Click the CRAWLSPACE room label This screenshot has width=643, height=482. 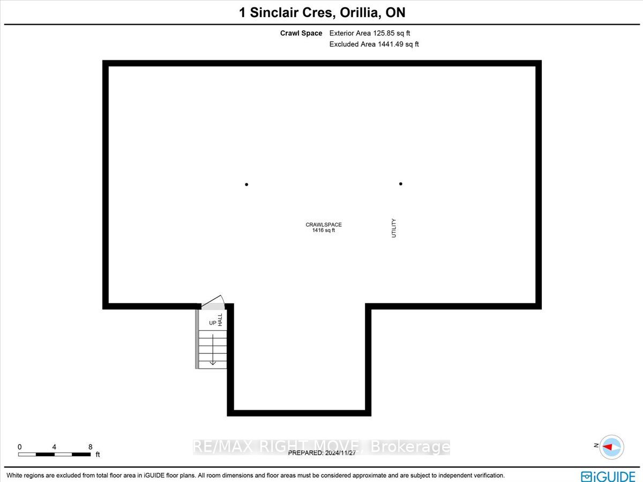pyautogui.click(x=324, y=225)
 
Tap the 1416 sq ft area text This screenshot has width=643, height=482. pyautogui.click(x=324, y=231)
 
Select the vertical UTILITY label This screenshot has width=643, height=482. pyautogui.click(x=394, y=228)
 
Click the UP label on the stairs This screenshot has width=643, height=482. pyautogui.click(x=213, y=323)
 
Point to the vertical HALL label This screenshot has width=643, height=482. pyautogui.click(x=220, y=320)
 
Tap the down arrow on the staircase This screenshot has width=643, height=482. pyautogui.click(x=213, y=350)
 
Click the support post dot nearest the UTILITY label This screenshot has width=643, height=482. pyautogui.click(x=401, y=184)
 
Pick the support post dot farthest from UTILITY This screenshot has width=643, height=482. pyautogui.click(x=246, y=184)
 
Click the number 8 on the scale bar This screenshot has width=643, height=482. pyautogui.click(x=90, y=447)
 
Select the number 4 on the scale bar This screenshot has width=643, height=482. pyautogui.click(x=54, y=447)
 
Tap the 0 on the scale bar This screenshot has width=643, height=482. pyautogui.click(x=20, y=447)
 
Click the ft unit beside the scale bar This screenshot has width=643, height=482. pyautogui.click(x=98, y=455)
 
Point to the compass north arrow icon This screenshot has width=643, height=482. pyautogui.click(x=611, y=447)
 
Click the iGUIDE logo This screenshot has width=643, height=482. pyautogui.click(x=608, y=476)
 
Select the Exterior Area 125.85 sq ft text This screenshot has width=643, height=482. pyautogui.click(x=370, y=33)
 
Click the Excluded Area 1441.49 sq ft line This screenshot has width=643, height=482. pyautogui.click(x=374, y=45)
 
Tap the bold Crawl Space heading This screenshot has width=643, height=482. pyautogui.click(x=301, y=33)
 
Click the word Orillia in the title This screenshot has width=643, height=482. pyautogui.click(x=359, y=12)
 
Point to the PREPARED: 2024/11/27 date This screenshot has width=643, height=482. pyautogui.click(x=322, y=453)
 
